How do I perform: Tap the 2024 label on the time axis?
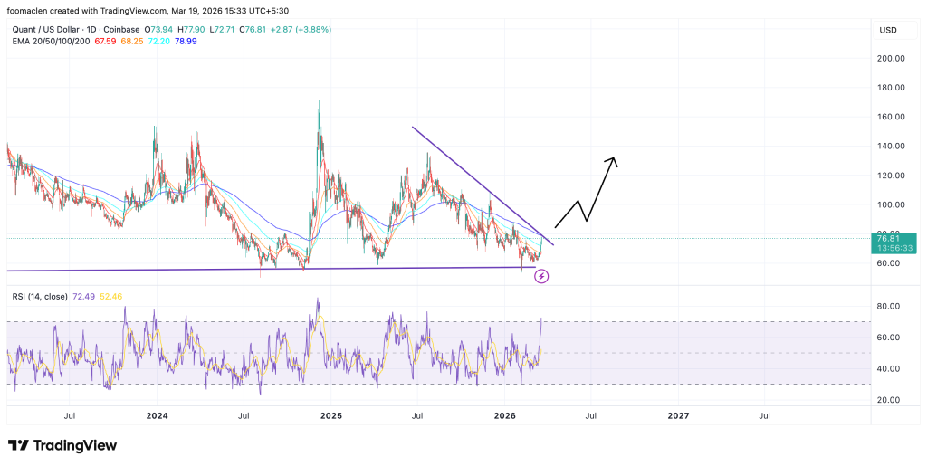click(157, 415)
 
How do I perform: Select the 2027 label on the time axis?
click(678, 415)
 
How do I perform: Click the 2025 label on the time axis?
click(330, 415)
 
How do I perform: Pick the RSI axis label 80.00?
click(887, 306)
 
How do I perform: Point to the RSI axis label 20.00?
click(887, 400)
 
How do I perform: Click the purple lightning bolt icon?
click(541, 275)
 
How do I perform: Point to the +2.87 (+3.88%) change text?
click(293, 30)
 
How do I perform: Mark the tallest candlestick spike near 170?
click(320, 103)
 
